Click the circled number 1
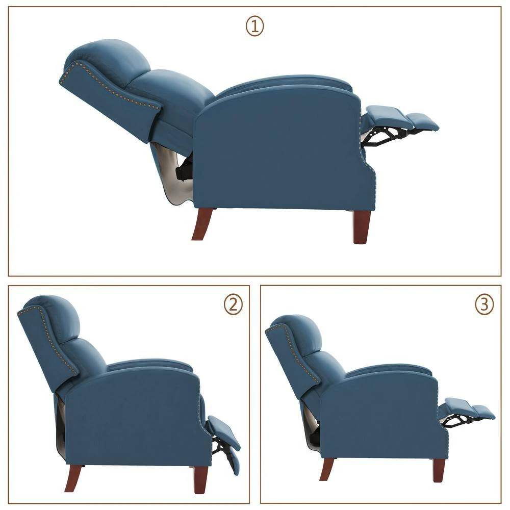pos(255,27)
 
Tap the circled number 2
pos(233,304)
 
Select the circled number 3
pos(484,304)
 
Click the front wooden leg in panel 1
pos(361,226)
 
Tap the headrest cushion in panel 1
pos(110,61)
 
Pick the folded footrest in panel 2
pos(224,433)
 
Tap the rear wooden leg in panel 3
pos(327,468)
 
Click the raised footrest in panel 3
pos(467,408)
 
